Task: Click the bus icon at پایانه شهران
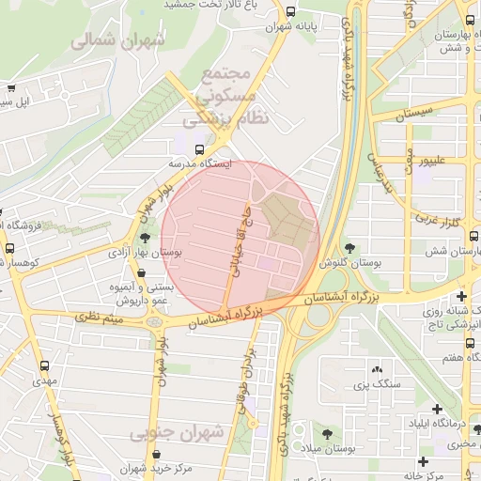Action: (290, 13)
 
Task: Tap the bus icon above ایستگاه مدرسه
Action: (199, 149)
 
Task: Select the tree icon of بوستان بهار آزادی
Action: (144, 239)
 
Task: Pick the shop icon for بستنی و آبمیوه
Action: (142, 272)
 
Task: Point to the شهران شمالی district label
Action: (117, 40)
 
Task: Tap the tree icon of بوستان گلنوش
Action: (350, 248)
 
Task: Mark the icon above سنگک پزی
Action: (377, 371)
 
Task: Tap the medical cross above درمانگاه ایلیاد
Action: (438, 409)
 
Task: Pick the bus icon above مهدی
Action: (44, 366)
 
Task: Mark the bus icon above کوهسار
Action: (9, 248)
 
